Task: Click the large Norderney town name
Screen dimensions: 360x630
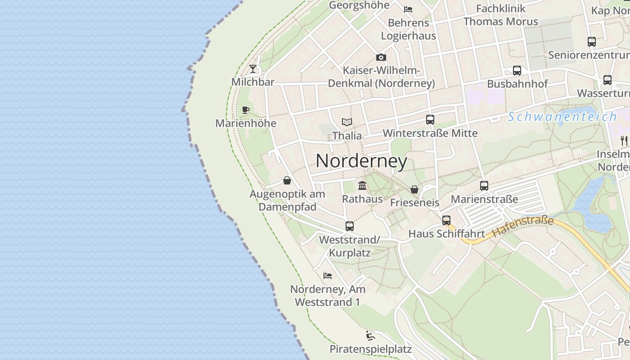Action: pyautogui.click(x=361, y=161)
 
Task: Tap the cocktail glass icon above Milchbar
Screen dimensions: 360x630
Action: pyautogui.click(x=253, y=69)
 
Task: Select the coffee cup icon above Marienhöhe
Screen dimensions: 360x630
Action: pyautogui.click(x=245, y=110)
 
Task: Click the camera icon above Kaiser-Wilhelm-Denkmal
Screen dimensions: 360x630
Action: pyautogui.click(x=381, y=57)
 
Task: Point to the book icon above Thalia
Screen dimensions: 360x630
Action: pyautogui.click(x=346, y=122)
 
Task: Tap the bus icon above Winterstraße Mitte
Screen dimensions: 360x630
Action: pyautogui.click(x=430, y=120)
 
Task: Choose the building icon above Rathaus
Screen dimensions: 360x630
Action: pyautogui.click(x=362, y=185)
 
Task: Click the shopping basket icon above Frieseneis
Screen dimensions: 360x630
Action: pyautogui.click(x=414, y=189)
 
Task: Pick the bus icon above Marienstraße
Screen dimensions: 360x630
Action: pyautogui.click(x=484, y=185)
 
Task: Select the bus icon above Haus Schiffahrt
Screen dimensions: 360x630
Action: pyautogui.click(x=446, y=220)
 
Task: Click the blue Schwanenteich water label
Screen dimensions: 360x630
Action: pyautogui.click(x=562, y=117)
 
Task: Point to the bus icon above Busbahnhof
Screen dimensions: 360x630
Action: pyautogui.click(x=517, y=71)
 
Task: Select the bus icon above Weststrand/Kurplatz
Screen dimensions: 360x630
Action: pyautogui.click(x=350, y=226)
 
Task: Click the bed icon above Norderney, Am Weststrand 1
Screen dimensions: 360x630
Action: pyautogui.click(x=328, y=275)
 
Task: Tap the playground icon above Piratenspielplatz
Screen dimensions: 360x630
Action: pyautogui.click(x=370, y=336)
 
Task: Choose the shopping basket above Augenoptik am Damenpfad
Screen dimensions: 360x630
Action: pyautogui.click(x=287, y=181)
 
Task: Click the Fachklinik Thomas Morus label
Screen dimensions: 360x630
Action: pyautogui.click(x=500, y=15)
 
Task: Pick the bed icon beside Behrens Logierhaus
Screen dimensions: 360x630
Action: pyautogui.click(x=408, y=9)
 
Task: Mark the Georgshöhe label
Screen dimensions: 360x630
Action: pyautogui.click(x=359, y=5)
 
